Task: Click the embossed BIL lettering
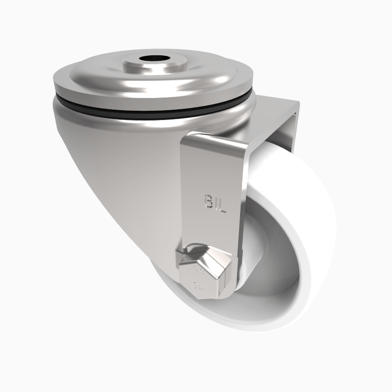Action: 214,201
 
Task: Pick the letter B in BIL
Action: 207,201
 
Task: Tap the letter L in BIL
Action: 222,201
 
